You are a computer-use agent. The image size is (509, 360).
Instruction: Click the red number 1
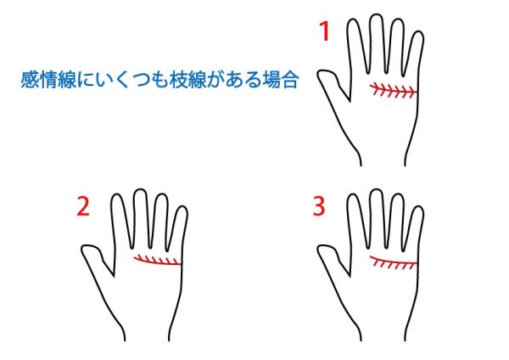tap(325, 31)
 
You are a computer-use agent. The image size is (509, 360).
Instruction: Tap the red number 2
tap(83, 206)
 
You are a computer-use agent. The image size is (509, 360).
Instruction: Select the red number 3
tap(319, 206)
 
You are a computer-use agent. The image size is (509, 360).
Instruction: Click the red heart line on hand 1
tap(394, 91)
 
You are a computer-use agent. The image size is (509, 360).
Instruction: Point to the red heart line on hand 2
tap(158, 262)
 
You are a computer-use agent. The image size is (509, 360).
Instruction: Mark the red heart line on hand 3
tap(394, 261)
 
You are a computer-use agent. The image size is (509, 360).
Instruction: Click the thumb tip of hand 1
tap(319, 75)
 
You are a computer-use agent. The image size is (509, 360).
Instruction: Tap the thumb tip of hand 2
tap(83, 250)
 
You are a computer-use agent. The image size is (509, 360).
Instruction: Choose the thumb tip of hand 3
tap(319, 250)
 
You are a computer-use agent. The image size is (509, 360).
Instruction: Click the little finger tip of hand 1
tap(418, 31)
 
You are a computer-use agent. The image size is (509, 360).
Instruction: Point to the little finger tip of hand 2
tap(182, 206)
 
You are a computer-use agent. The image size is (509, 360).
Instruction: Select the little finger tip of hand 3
tap(418, 206)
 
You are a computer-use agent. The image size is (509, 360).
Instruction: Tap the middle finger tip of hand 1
tap(376, 14)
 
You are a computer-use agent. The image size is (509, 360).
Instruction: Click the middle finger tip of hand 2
tap(140, 189)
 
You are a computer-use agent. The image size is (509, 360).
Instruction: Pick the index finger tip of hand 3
tap(354, 194)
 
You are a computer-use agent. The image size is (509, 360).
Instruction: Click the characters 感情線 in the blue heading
tap(48, 80)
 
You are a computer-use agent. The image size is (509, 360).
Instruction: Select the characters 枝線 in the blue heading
tap(187, 80)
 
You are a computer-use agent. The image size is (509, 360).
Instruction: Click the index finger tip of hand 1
tap(354, 20)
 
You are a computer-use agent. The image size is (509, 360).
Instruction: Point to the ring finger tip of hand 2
tap(161, 194)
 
